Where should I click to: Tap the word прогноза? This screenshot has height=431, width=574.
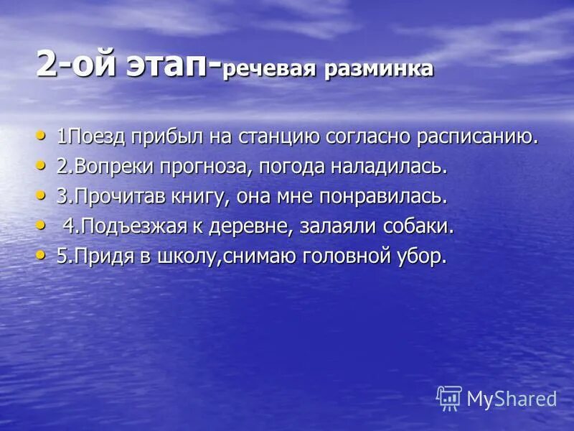click(210, 167)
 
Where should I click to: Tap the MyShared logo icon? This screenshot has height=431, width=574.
click(448, 398)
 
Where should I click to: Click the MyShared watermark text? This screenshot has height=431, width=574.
click(512, 399)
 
